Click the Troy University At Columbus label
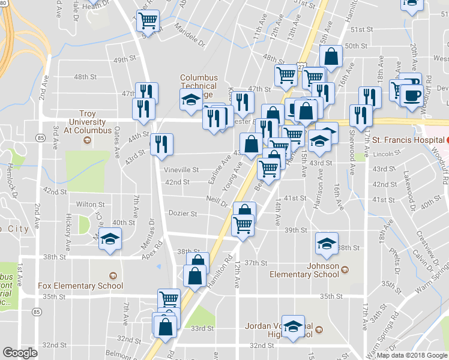click(87, 122)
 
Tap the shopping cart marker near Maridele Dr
click(148, 21)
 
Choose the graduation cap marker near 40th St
click(110, 240)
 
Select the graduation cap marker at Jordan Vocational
click(293, 328)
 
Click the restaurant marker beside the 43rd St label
click(161, 144)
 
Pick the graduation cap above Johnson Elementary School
click(327, 243)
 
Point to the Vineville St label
click(182, 170)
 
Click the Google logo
click(20, 353)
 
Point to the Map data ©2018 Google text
click(411, 355)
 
